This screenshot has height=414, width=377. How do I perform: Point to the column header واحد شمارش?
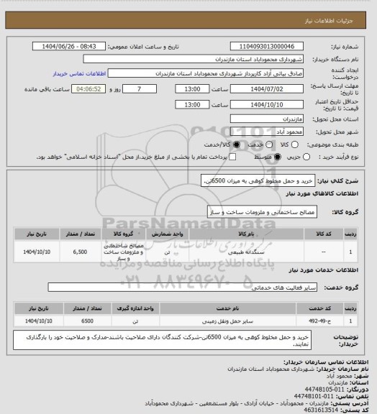[169, 234]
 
